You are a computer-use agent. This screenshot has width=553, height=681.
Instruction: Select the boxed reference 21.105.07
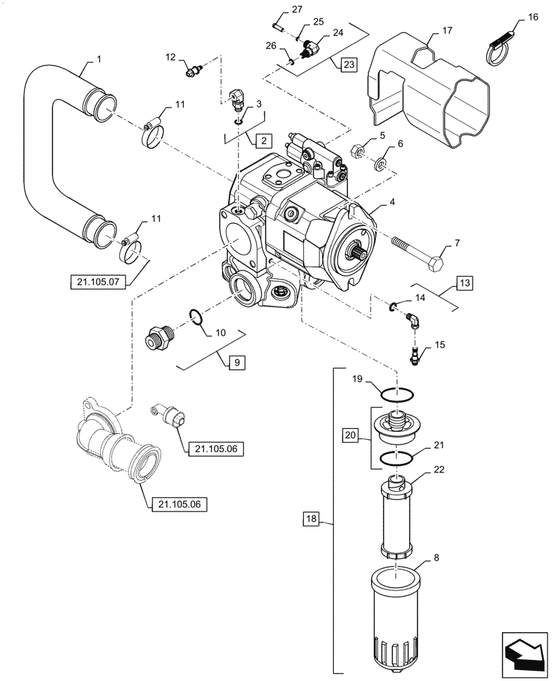coord(97,281)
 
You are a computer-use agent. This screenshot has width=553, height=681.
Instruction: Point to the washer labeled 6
coord(381,163)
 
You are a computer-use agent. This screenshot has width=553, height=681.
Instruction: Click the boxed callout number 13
coord(464,282)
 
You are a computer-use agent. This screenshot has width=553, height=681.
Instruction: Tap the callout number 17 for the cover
coord(447,31)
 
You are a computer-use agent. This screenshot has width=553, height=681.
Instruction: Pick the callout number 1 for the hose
coord(99,60)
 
